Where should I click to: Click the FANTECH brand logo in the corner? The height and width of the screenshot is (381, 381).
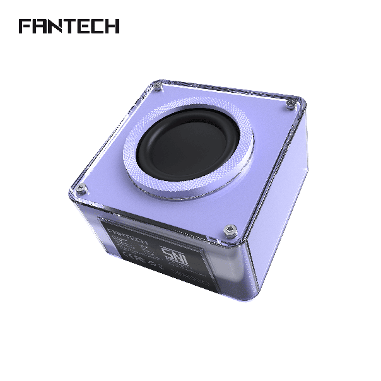point(69,26)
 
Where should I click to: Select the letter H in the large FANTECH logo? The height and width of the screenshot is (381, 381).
point(112,26)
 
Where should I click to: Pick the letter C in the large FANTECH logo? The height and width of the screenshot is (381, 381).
point(97,26)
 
